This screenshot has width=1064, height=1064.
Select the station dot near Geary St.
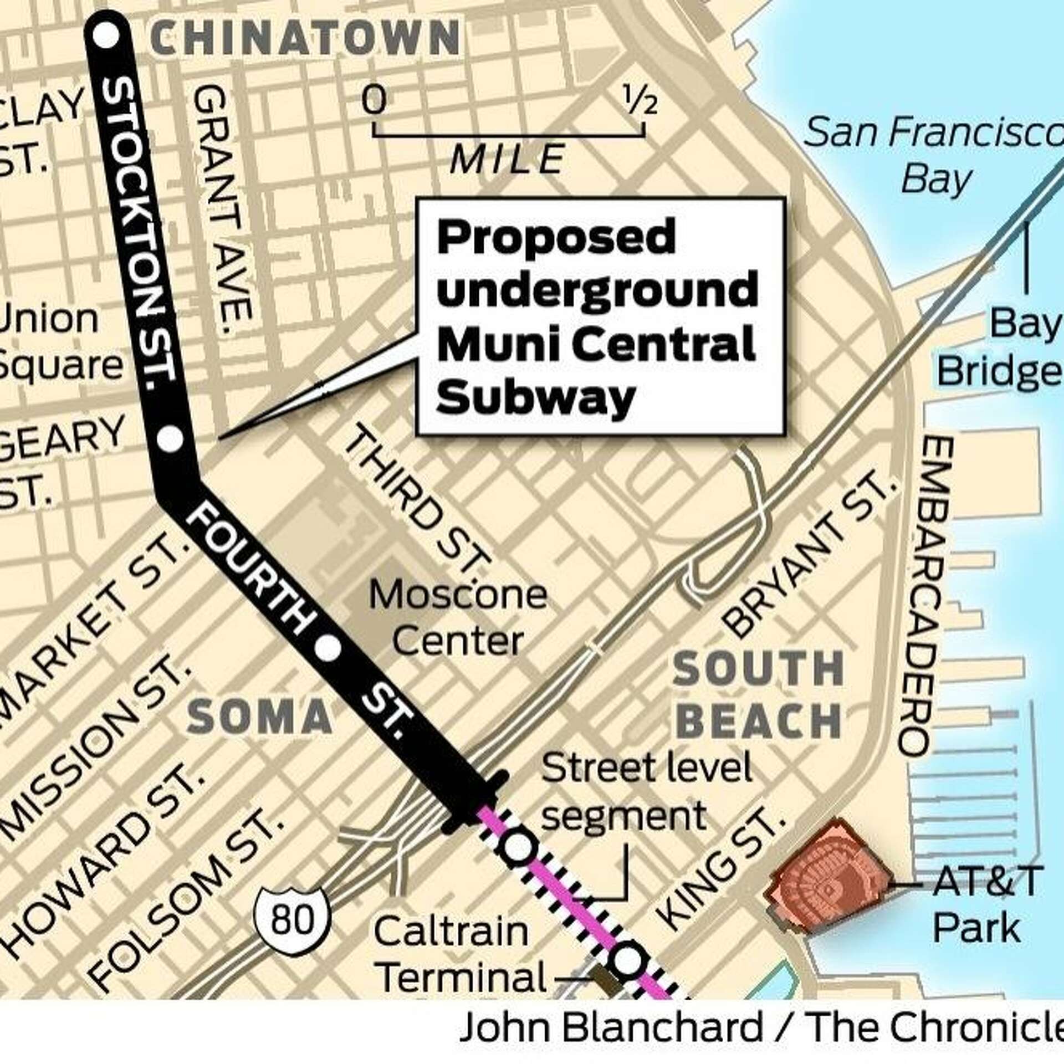pyautogui.click(x=170, y=439)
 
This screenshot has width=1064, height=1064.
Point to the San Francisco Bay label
pyautogui.click(x=933, y=156)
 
